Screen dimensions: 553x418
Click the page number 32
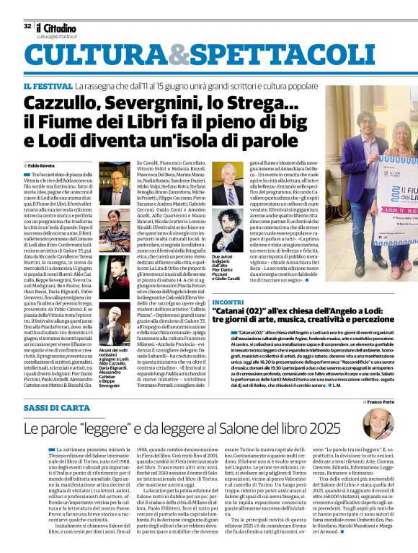(27, 25)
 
